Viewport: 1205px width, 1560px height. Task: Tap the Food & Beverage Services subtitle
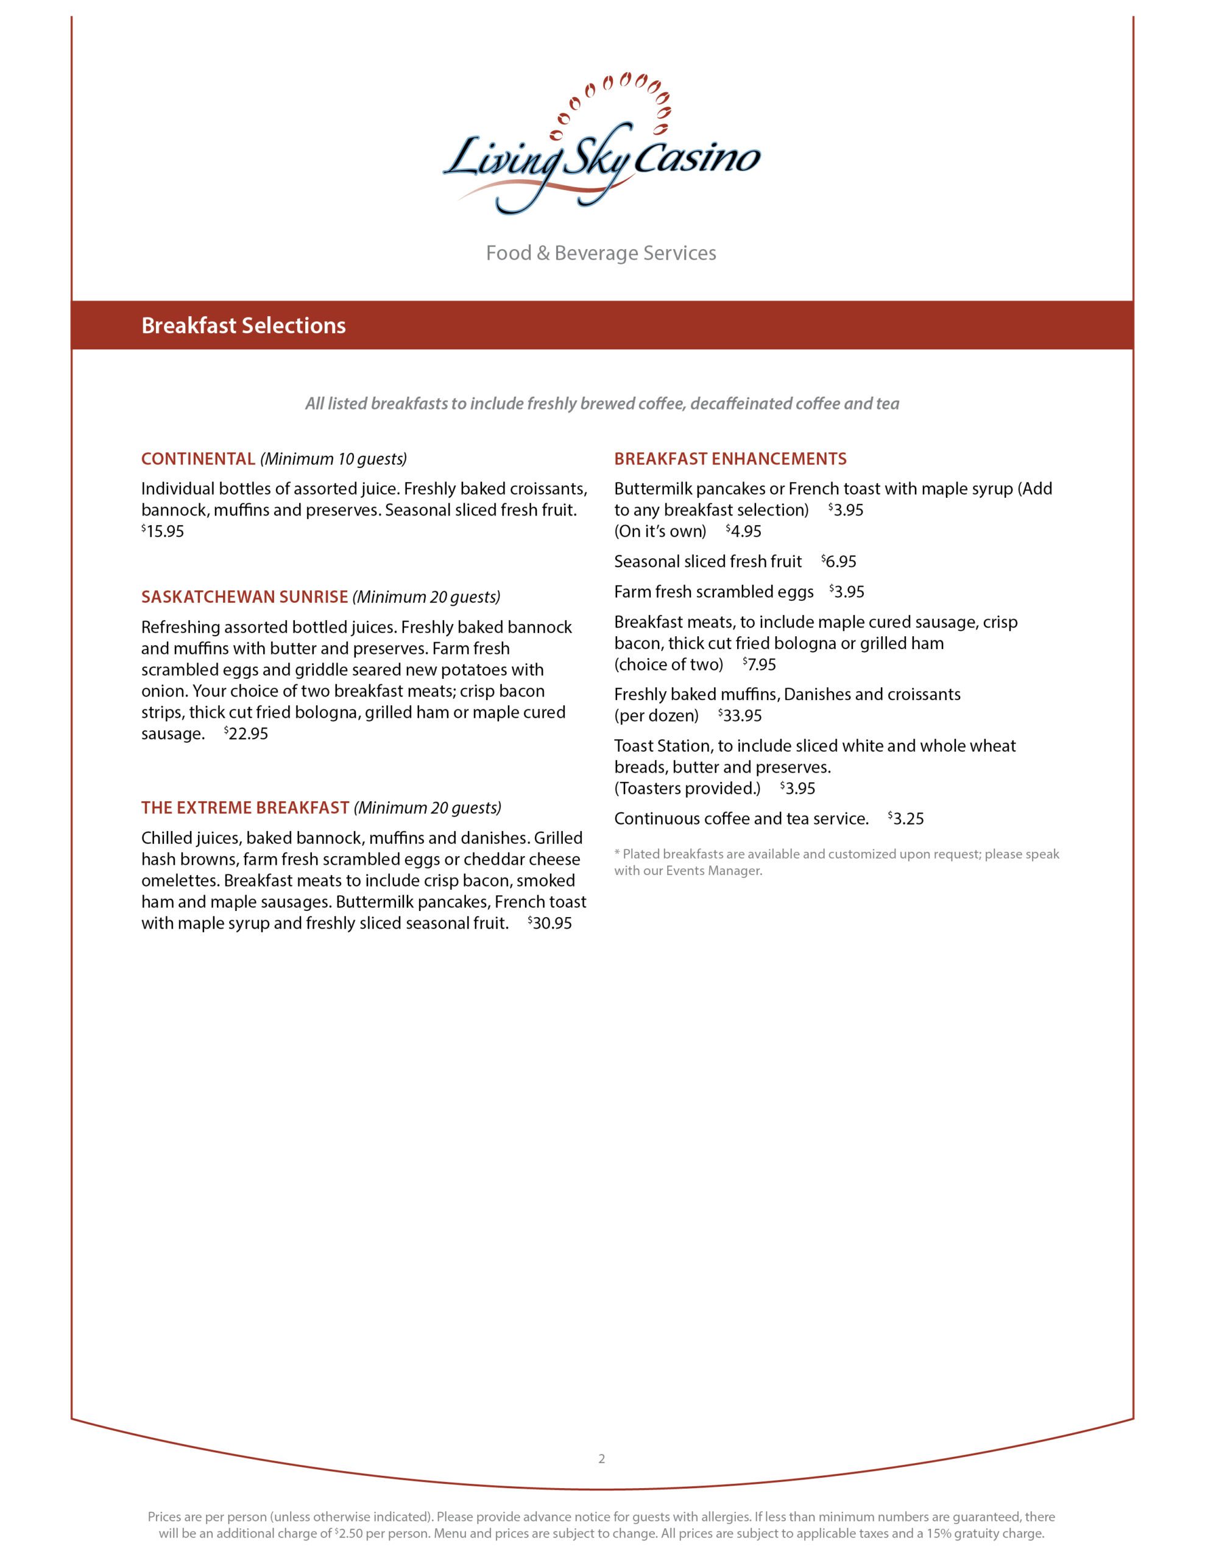pyautogui.click(x=601, y=253)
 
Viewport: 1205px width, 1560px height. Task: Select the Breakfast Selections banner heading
pyautogui.click(x=244, y=326)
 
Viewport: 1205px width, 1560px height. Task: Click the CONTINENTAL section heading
pyautogui.click(x=198, y=459)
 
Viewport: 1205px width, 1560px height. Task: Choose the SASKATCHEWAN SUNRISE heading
pyautogui.click(x=244, y=597)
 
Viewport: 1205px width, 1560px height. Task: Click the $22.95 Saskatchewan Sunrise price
pyautogui.click(x=247, y=734)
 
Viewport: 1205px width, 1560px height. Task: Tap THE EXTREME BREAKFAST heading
pyautogui.click(x=245, y=808)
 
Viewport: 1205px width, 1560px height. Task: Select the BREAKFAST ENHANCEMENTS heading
pyautogui.click(x=730, y=459)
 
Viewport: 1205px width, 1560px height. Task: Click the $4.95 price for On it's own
pyautogui.click(x=744, y=531)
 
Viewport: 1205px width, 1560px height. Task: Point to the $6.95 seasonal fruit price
pyautogui.click(x=839, y=561)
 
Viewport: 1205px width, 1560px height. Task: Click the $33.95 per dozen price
pyautogui.click(x=741, y=716)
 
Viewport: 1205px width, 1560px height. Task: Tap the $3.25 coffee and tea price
pyautogui.click(x=906, y=818)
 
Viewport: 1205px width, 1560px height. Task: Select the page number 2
pyautogui.click(x=601, y=1459)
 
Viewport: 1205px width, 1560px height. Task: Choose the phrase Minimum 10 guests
pyautogui.click(x=334, y=459)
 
